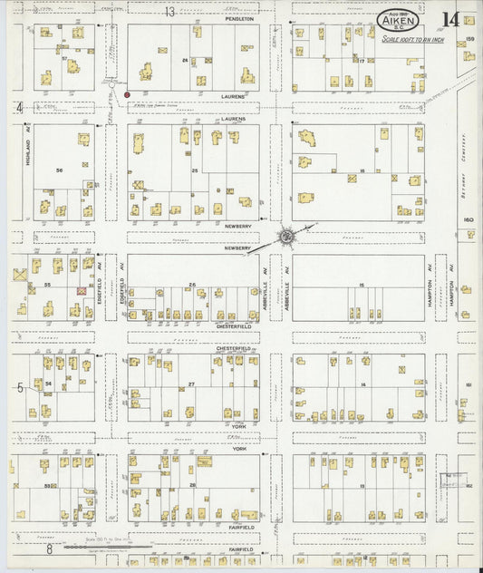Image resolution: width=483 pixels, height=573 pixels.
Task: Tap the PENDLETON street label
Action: tap(239, 18)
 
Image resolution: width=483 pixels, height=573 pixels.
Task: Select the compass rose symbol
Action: tap(286, 236)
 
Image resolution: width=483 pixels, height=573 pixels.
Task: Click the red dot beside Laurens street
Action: tap(127, 93)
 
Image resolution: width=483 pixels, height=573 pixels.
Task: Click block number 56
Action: tap(60, 170)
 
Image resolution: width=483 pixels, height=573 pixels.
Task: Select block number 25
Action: tap(194, 170)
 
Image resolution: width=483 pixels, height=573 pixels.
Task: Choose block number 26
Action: tap(192, 286)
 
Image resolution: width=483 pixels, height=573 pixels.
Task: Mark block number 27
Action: tap(191, 384)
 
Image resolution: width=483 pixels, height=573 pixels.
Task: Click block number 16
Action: tap(361, 170)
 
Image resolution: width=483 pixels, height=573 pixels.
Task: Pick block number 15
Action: tap(361, 286)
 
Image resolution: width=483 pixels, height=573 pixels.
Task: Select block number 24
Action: tap(184, 61)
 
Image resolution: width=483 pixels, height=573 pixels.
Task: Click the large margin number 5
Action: tap(19, 387)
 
